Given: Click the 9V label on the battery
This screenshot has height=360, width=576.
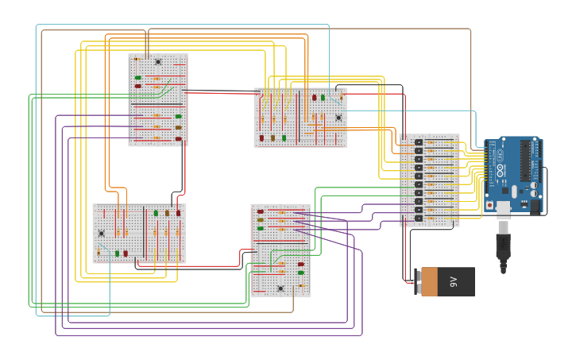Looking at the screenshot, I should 454,281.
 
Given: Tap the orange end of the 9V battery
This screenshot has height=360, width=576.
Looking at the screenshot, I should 429,281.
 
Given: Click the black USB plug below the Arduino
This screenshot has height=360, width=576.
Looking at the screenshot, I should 503,246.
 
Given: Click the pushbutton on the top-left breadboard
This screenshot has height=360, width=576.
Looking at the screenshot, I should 158,61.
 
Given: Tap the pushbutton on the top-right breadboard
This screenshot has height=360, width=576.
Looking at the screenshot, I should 338,118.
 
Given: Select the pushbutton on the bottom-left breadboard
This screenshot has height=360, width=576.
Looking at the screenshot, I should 101,233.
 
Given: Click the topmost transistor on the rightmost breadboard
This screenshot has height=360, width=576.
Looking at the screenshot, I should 419,142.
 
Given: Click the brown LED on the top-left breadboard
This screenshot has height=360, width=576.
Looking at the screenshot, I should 179,127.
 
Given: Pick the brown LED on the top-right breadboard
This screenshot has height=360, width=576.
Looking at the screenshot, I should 273,137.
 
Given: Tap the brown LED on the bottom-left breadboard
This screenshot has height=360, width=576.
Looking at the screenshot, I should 168,213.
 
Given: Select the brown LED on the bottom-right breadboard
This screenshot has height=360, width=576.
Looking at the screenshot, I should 260,220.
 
